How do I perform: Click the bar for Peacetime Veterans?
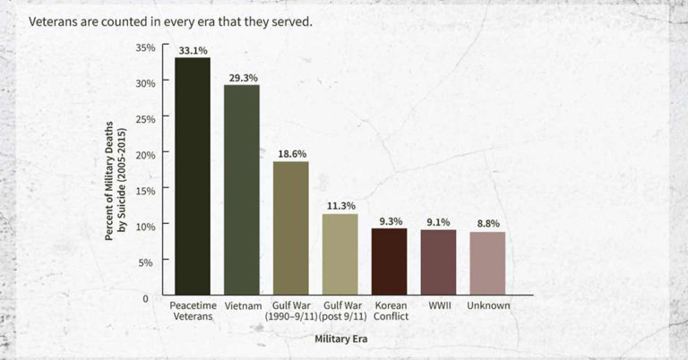click(193, 176)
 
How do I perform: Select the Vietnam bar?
click(242, 190)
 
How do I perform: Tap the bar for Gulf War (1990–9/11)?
click(291, 228)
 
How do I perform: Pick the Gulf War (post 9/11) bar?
click(340, 254)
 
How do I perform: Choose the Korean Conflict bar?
click(389, 261)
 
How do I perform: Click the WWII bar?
click(438, 262)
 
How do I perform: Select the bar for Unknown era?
click(487, 263)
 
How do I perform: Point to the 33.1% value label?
click(193, 51)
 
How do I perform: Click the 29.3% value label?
click(242, 78)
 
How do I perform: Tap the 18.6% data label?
click(291, 154)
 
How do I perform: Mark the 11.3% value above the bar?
click(340, 206)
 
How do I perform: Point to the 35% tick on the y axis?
click(145, 47)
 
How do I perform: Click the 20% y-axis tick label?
click(145, 154)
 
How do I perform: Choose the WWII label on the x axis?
click(438, 305)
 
